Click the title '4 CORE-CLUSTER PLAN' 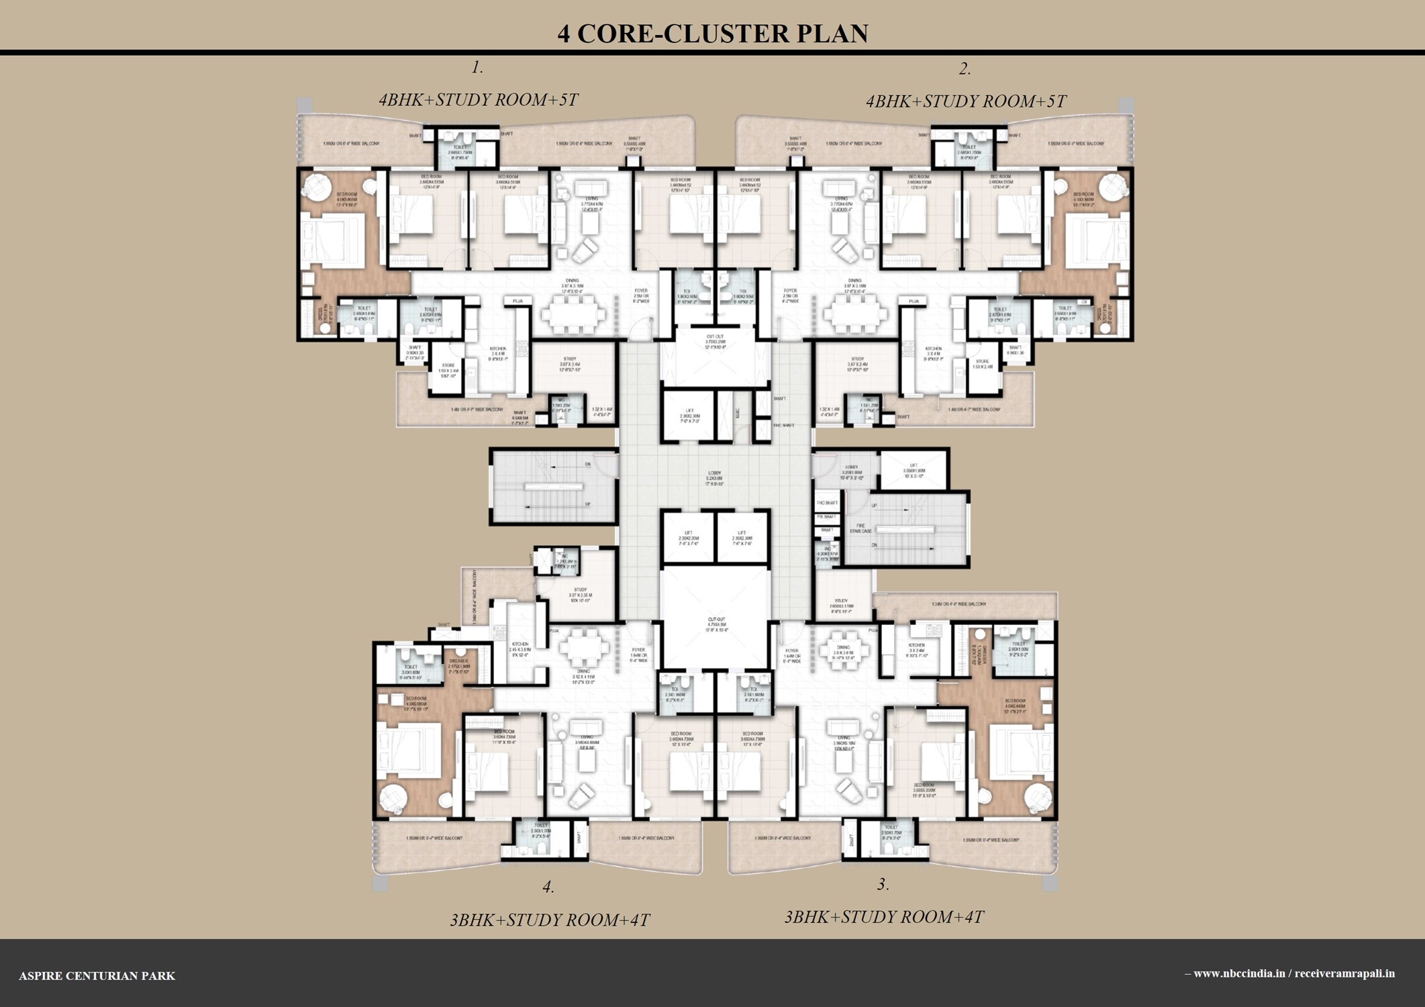tap(712, 34)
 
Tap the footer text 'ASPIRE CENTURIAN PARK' tap(97, 975)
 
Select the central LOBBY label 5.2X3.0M tap(714, 478)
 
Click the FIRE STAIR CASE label tap(861, 528)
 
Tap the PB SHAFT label tap(827, 517)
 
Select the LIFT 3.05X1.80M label tap(913, 470)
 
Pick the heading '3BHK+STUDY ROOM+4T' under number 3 tap(884, 916)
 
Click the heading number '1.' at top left tap(477, 67)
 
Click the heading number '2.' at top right tap(965, 68)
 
